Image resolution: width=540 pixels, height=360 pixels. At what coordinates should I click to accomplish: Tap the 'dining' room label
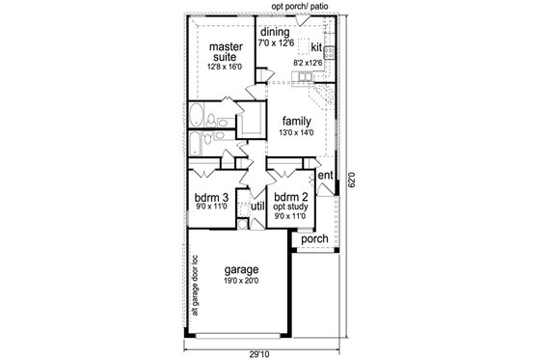pyautogui.click(x=274, y=31)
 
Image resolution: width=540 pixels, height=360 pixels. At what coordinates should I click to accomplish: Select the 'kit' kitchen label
pyautogui.click(x=316, y=46)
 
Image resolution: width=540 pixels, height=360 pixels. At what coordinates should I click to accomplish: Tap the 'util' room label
pyautogui.click(x=257, y=207)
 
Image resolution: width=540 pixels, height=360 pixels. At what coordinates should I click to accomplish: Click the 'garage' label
pyautogui.click(x=241, y=271)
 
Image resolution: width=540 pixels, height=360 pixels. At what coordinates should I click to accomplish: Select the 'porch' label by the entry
pyautogui.click(x=315, y=238)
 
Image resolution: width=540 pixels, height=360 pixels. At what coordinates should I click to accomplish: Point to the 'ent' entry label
pyautogui.click(x=326, y=176)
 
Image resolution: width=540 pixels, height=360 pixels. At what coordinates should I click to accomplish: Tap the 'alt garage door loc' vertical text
pyautogui.click(x=195, y=285)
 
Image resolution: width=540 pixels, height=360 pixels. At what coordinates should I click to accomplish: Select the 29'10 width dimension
pyautogui.click(x=259, y=352)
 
